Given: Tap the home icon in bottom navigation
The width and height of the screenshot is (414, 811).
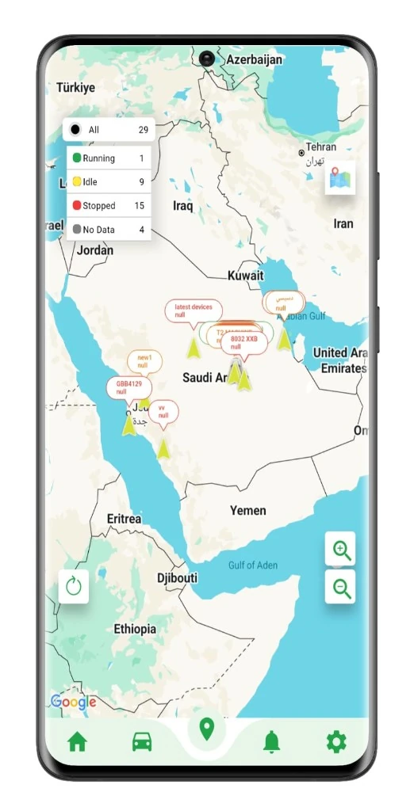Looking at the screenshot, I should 77,742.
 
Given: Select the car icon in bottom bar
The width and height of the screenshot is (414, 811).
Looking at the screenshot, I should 142,742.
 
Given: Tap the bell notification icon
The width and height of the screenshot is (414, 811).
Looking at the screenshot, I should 271,742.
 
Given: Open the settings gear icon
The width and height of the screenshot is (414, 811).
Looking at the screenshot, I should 336,742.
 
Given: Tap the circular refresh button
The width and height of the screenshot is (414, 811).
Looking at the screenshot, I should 74,587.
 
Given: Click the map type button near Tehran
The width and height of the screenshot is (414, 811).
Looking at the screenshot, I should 340,178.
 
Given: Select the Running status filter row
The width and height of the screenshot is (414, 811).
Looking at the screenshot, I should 109,158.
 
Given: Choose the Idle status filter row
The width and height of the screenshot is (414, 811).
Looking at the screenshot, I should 109,182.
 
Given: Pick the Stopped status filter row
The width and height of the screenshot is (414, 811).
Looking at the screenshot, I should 109,206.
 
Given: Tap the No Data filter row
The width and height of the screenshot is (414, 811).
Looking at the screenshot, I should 109,230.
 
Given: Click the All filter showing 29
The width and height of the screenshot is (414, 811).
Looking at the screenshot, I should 109,130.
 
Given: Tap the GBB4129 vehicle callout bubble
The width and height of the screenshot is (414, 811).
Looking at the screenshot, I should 128,387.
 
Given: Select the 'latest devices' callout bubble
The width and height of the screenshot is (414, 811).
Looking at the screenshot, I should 193,310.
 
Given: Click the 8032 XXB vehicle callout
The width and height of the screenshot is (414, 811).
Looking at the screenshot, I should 243,343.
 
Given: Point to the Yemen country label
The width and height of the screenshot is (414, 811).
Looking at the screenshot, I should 247,511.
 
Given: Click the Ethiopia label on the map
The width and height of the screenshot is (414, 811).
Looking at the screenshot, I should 134,629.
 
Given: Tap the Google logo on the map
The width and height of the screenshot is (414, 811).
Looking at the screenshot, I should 74,702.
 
